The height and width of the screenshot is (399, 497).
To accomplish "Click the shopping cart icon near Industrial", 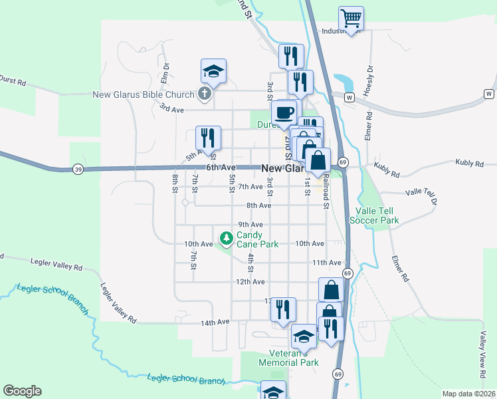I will pyautogui.click(x=350, y=17).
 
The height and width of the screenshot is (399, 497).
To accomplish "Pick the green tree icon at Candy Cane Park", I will pyautogui.click(x=227, y=237).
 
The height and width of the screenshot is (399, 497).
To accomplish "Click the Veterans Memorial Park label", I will pyautogui.click(x=294, y=358).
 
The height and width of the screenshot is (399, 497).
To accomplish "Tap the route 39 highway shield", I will pyautogui.click(x=78, y=170).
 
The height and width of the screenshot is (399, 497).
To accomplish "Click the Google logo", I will pyautogui.click(x=22, y=391).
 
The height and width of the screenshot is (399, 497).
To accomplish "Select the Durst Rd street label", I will pyautogui.click(x=13, y=82).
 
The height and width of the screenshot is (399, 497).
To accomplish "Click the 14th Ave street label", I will pyautogui.click(x=215, y=322).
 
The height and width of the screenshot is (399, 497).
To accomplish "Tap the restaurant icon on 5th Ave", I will pyautogui.click(x=208, y=138).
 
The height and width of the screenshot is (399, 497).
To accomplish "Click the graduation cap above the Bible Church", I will pyautogui.click(x=214, y=70).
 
